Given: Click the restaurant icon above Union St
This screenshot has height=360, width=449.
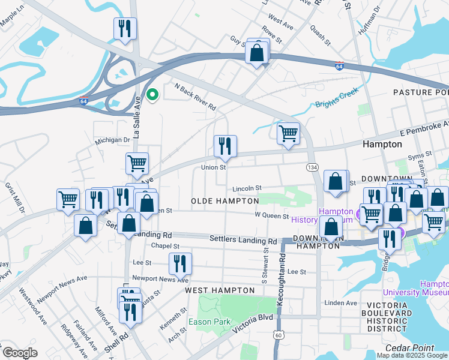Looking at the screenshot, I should pyautogui.click(x=225, y=145).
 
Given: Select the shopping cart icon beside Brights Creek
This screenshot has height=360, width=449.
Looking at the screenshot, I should pyautogui.click(x=288, y=133).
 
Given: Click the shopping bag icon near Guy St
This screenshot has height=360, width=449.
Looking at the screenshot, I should pyautogui.click(x=257, y=52).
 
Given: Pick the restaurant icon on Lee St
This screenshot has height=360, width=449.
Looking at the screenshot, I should pyautogui.click(x=179, y=263).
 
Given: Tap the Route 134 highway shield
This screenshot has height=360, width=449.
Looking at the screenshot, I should pyautogui.click(x=312, y=166).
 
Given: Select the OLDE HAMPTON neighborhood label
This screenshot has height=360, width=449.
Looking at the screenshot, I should pyautogui.click(x=224, y=200).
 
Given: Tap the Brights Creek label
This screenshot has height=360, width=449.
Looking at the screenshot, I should pyautogui.click(x=337, y=98).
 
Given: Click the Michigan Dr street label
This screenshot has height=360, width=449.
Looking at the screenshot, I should pyautogui.click(x=112, y=140).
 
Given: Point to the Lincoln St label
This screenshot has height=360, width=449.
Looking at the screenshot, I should pyautogui.click(x=247, y=188).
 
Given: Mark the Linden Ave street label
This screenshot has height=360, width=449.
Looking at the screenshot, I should pyautogui.click(x=340, y=303).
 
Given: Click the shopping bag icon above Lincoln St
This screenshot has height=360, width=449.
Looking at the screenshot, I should pyautogui.click(x=336, y=181).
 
